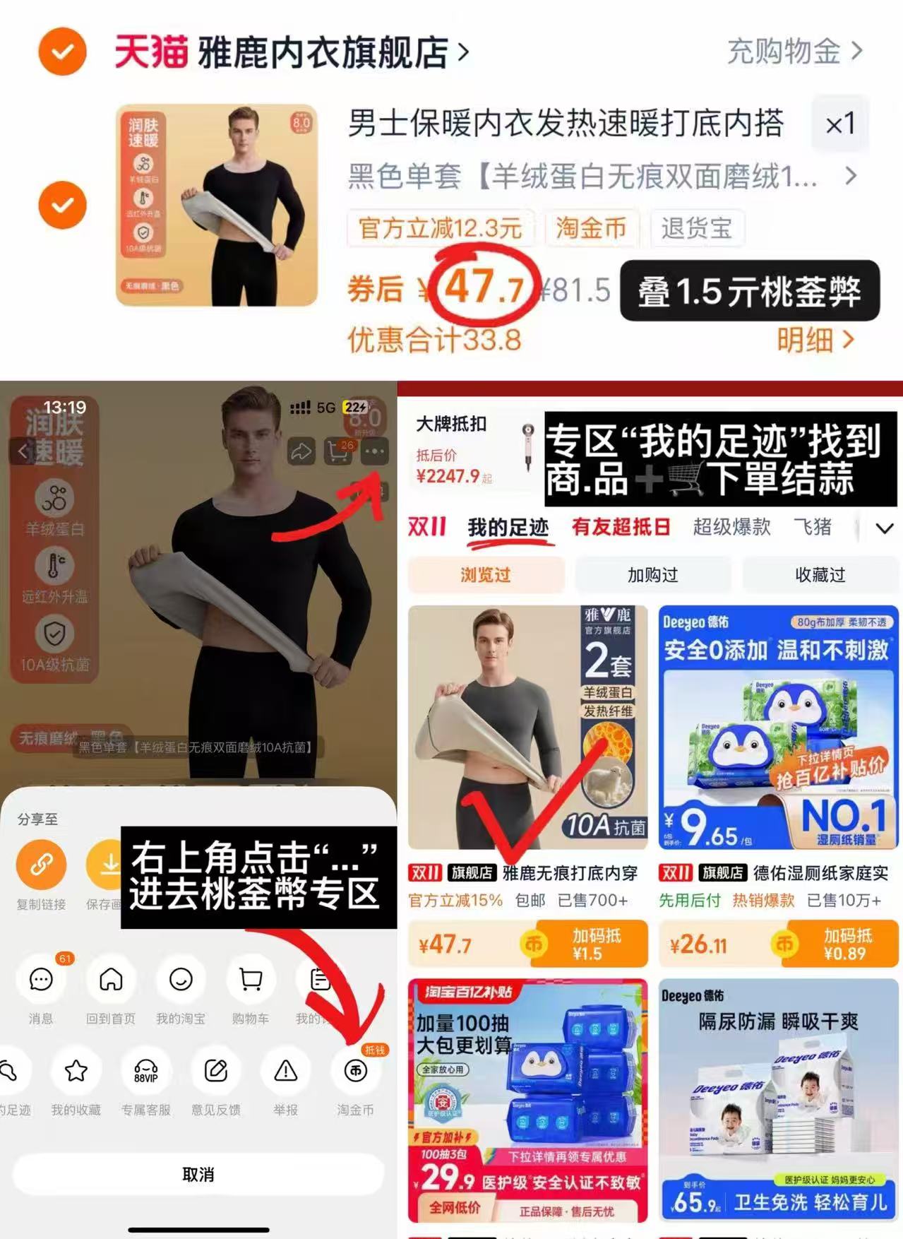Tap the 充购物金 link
point(794,52)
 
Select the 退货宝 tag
point(695,228)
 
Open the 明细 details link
point(815,340)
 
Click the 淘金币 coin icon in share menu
point(355,1071)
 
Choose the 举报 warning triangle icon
point(285,1071)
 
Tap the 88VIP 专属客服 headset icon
point(145,1071)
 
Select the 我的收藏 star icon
point(76,1071)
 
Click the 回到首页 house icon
point(111,979)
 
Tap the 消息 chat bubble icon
point(41,979)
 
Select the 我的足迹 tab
point(508,528)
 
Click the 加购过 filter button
point(652,575)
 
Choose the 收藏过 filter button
point(820,575)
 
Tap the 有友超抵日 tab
point(621,528)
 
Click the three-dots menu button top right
point(374,451)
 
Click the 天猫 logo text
point(151,52)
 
